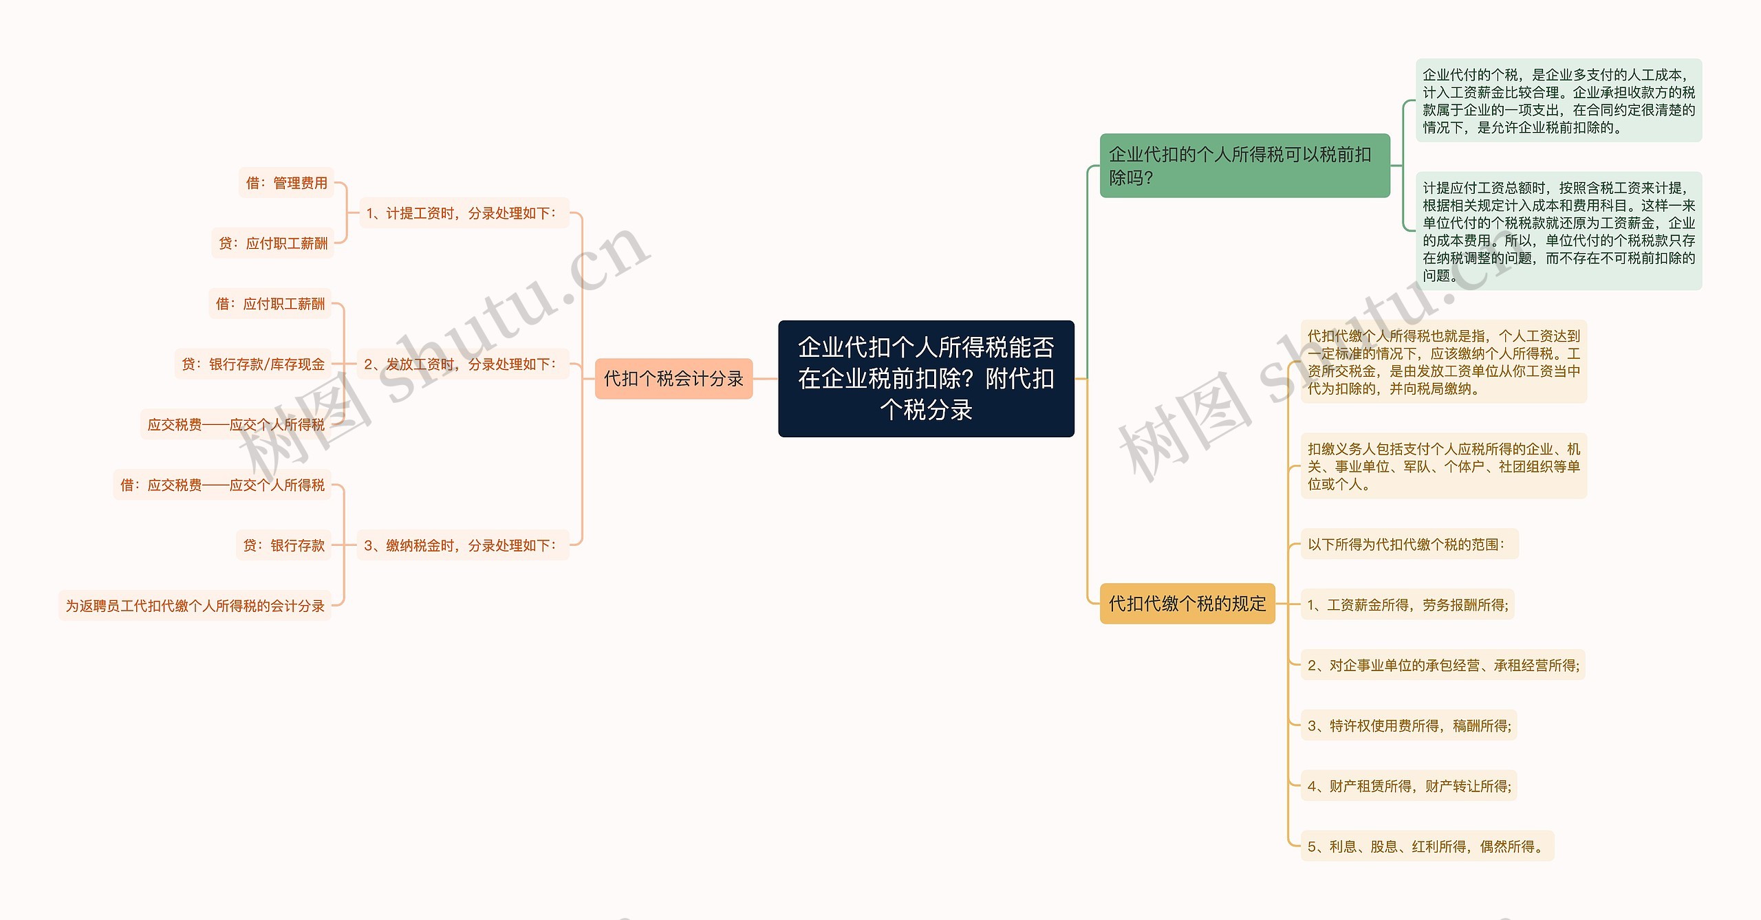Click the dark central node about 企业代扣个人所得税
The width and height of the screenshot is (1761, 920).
(x=926, y=378)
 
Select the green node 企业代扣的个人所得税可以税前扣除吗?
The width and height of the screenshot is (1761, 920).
(x=1244, y=166)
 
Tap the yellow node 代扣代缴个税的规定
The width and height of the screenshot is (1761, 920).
(x=1187, y=604)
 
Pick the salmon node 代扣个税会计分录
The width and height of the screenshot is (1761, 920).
(x=673, y=378)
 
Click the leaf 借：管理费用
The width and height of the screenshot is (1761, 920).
(x=286, y=183)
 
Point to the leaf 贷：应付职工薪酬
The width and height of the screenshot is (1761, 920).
(x=273, y=243)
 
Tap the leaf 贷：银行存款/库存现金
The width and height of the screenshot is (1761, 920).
(x=253, y=364)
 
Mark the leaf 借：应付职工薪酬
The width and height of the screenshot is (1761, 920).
(x=270, y=304)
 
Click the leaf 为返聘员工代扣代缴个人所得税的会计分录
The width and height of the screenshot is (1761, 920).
(x=195, y=606)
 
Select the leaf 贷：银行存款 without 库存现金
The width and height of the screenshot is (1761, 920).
(x=283, y=545)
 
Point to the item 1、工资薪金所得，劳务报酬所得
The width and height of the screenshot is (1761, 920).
(x=1407, y=605)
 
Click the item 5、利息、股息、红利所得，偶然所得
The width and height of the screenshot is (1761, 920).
(x=1427, y=846)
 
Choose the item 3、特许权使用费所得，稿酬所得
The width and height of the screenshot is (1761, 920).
(x=1409, y=725)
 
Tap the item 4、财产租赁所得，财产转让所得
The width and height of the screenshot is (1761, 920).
(x=1409, y=786)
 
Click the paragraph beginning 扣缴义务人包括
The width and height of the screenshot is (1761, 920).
(x=1443, y=466)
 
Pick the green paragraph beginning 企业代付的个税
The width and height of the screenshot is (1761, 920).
(x=1558, y=100)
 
